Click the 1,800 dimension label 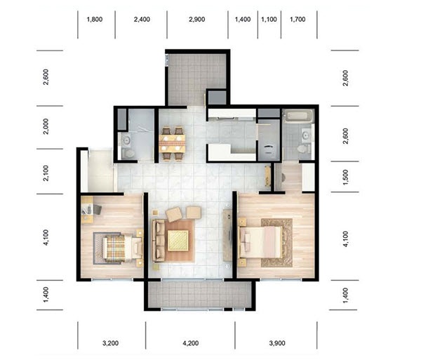click(x=95, y=20)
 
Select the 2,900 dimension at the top click(x=196, y=20)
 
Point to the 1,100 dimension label click(x=269, y=20)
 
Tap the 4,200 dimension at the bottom click(x=191, y=343)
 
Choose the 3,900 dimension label click(x=277, y=343)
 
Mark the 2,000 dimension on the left click(x=46, y=126)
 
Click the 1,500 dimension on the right click(x=345, y=177)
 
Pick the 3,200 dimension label click(x=111, y=343)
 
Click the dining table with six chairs click(x=172, y=144)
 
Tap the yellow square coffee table click(x=178, y=241)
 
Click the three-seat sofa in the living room click(x=159, y=241)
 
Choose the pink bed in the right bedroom click(x=260, y=242)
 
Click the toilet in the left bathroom click(x=128, y=154)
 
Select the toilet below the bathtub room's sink click(x=304, y=149)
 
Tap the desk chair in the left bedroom click(x=98, y=210)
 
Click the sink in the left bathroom click(x=126, y=140)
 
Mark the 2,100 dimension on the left click(x=46, y=173)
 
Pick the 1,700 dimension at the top click(x=298, y=20)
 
